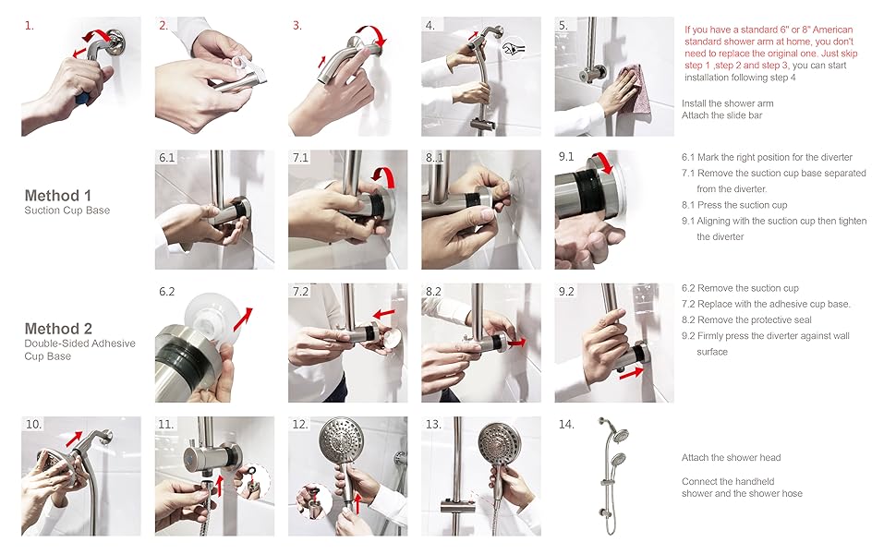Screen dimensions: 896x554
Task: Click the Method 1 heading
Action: pos(57,196)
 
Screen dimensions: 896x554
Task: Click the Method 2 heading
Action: pos(58,329)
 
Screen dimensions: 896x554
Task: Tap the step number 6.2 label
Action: pos(167,292)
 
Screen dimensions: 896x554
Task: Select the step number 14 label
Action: pos(566,425)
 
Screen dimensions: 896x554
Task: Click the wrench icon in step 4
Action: pos(514,49)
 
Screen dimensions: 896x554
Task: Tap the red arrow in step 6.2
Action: pos(243,319)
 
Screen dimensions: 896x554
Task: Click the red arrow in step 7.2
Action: pos(384,314)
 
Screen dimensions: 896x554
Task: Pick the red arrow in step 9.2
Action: pos(632,373)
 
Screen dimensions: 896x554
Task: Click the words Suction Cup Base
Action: pos(67,211)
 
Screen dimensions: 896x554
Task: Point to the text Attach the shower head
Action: pos(731,457)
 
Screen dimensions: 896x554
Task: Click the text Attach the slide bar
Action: pos(721,115)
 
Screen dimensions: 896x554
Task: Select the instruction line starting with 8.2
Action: pos(746,319)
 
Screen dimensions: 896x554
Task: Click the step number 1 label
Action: pos(30,26)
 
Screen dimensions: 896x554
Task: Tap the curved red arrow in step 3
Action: pos(373,33)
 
